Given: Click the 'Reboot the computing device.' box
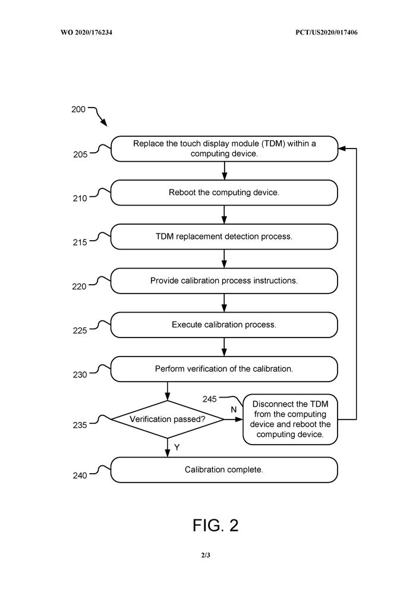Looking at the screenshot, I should pos(224,193).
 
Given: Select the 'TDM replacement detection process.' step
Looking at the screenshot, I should pos(224,237).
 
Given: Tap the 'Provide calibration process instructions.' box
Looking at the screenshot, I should pos(224,281).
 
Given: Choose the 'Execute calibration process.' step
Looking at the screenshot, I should pos(224,325).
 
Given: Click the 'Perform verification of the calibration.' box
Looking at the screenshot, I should pos(224,368).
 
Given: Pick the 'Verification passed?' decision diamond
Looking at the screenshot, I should pos(168,419).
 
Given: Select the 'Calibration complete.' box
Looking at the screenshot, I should pos(224,470).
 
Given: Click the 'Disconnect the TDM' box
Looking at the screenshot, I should pos(290,419).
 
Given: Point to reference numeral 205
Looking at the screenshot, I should pos(80,154).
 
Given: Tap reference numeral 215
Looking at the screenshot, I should pos(80,242).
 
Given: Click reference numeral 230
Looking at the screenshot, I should pos(80,374).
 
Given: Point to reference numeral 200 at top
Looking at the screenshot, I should pos(78,109).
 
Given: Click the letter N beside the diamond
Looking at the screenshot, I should pos(234,410).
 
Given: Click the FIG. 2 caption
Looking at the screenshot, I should pos(215,525).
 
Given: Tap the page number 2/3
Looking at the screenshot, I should pos(206,555).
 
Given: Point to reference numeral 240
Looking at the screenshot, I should pos(80,475).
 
